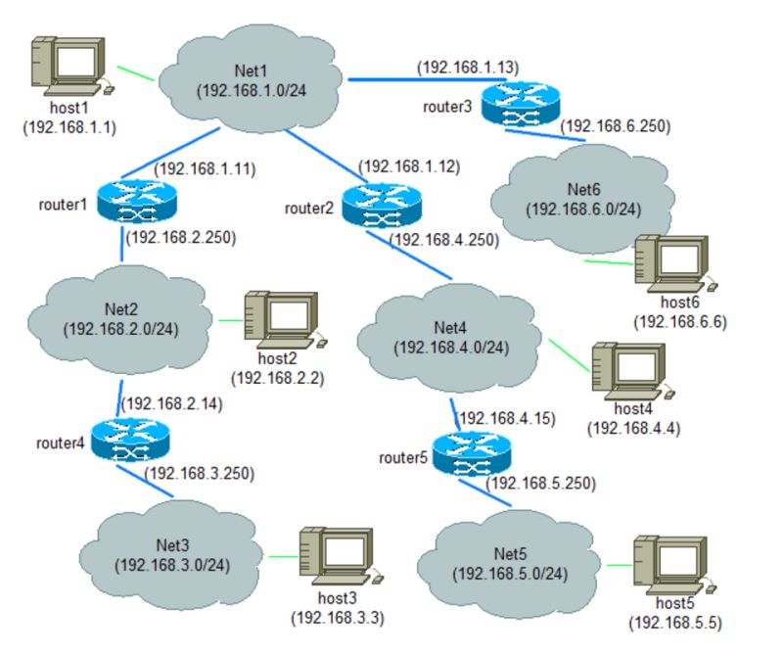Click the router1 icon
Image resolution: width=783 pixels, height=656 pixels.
click(137, 201)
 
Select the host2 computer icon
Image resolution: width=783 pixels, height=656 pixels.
click(283, 319)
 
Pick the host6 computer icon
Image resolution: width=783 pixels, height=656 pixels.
click(673, 264)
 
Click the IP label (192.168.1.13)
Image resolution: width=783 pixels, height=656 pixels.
click(468, 68)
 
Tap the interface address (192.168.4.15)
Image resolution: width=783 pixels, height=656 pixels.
click(507, 418)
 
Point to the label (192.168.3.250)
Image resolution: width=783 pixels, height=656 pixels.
click(199, 474)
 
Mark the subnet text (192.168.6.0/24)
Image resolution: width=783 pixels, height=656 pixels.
click(582, 210)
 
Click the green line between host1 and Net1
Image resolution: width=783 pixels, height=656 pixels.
click(136, 72)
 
